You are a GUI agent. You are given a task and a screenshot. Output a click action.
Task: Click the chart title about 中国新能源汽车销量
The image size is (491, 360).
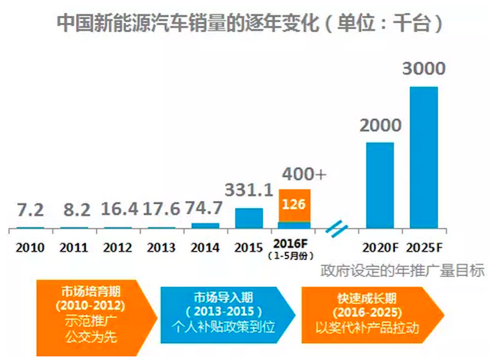pos(249,24)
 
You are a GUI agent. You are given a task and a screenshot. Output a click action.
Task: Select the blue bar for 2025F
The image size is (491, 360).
pos(423,158)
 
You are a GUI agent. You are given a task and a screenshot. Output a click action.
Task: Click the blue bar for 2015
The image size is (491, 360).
pos(249,218)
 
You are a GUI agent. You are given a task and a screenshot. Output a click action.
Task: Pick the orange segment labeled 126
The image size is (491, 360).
pos(294,205)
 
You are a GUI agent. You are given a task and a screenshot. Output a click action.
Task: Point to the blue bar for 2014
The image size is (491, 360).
pos(205,226)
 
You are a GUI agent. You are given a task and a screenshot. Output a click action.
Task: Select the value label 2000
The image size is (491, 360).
pos(380,125)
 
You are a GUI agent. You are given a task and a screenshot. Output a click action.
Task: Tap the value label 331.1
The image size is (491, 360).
pos(249,190)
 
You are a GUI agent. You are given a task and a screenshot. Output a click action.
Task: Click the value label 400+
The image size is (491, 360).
pos(304,175)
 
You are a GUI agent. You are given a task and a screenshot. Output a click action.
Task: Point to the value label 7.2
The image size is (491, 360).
pos(30,210)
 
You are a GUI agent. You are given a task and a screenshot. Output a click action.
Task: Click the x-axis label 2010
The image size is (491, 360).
pos(30,248)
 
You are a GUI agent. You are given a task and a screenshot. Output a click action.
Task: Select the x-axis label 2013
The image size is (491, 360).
pos(162,248)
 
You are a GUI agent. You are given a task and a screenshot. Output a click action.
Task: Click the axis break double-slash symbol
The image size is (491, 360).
pos(336,229)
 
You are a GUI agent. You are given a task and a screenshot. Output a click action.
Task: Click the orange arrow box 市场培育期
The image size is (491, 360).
pos(93,318)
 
